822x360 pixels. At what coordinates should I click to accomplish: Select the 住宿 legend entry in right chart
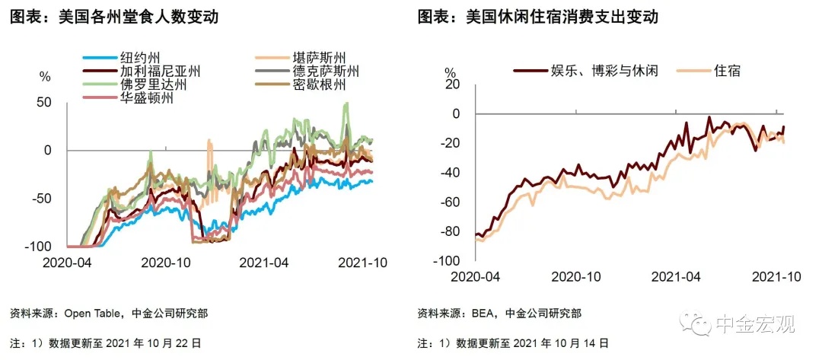[x=727, y=71]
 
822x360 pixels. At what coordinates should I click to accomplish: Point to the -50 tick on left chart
[x=41, y=199]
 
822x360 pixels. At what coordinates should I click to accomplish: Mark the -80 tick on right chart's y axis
[x=451, y=231]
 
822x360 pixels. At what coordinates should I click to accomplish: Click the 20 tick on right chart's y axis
[x=454, y=84]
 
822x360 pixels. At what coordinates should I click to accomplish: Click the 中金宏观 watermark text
[x=753, y=325]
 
